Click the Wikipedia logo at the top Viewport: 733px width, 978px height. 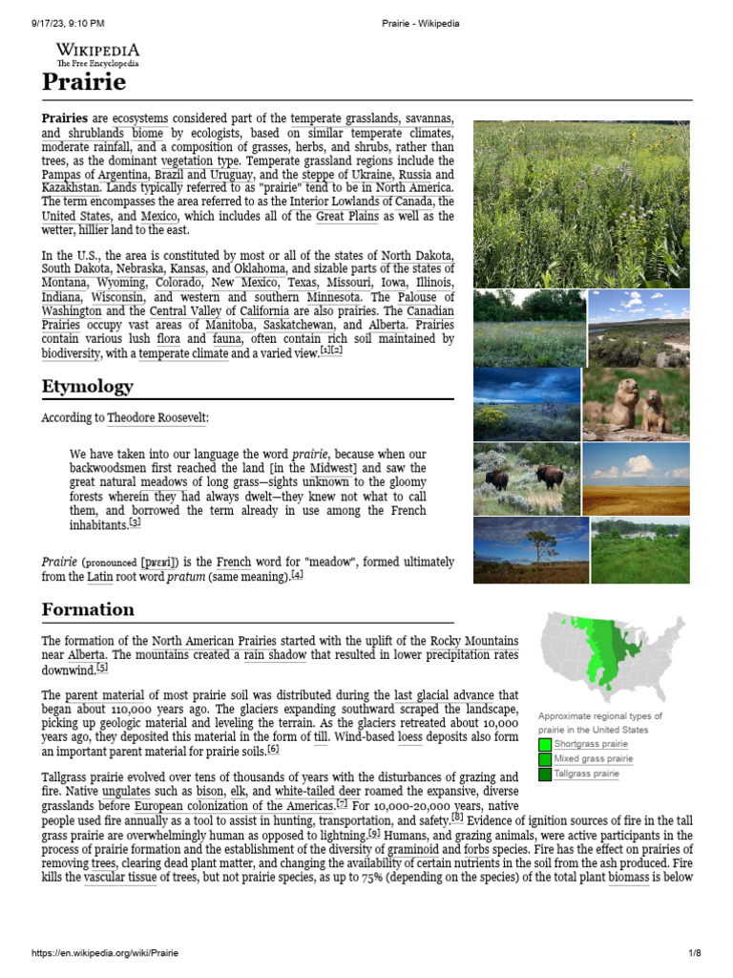point(97,53)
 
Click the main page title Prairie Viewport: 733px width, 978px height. point(84,82)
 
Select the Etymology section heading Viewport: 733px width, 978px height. point(87,387)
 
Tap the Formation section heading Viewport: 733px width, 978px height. point(88,609)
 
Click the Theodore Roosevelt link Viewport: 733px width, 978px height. point(157,418)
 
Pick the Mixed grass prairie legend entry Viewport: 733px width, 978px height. point(593,759)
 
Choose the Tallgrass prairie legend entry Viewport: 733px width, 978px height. point(586,774)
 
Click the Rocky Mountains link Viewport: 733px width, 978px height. point(474,640)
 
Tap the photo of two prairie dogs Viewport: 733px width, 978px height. point(636,403)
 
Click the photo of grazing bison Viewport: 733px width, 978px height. point(526,478)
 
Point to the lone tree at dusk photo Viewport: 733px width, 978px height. point(530,550)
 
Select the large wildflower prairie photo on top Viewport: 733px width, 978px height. point(580,203)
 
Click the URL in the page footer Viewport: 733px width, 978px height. point(105,953)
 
